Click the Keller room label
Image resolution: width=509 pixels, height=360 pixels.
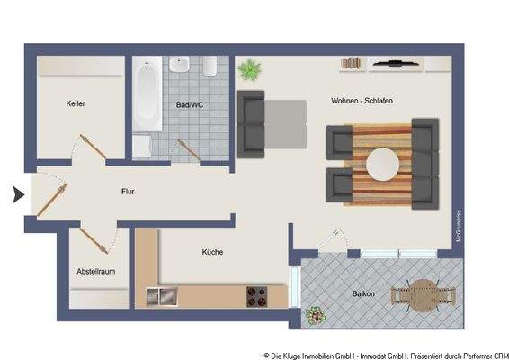(x=76, y=104)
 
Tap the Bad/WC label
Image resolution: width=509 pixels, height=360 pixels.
(x=189, y=105)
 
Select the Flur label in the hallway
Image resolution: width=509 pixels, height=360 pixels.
(x=129, y=192)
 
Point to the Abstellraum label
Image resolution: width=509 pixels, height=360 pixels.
(x=95, y=271)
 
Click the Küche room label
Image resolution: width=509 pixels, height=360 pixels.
(x=213, y=253)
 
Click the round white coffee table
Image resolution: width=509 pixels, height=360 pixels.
(x=382, y=164)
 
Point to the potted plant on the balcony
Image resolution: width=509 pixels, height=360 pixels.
(x=315, y=315)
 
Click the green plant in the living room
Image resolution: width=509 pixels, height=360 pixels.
(x=248, y=69)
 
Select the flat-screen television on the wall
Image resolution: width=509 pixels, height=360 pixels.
(x=393, y=64)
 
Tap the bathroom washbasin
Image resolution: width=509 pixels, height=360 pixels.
(x=180, y=66)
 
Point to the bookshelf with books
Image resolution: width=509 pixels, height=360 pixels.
(x=352, y=63)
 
